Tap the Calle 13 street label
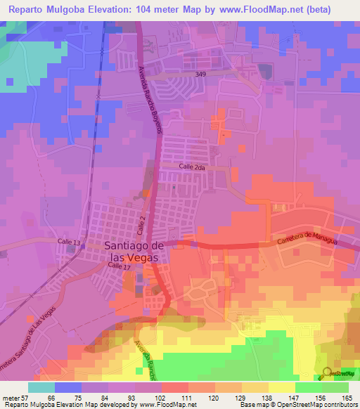coord(70,242)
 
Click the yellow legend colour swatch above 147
coord(281,387)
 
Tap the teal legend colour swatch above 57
coord(41,387)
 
